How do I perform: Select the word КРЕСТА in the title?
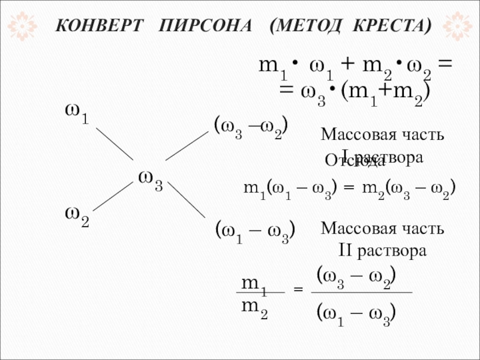click(x=391, y=26)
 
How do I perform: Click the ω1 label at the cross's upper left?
click(x=77, y=113)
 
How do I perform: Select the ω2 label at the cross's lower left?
click(x=77, y=217)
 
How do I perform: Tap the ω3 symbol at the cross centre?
click(x=150, y=181)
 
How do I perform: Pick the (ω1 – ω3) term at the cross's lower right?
click(x=254, y=232)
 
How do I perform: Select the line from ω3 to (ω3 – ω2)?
click(x=186, y=146)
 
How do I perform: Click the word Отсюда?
click(x=355, y=161)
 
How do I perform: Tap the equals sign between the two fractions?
click(x=297, y=291)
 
